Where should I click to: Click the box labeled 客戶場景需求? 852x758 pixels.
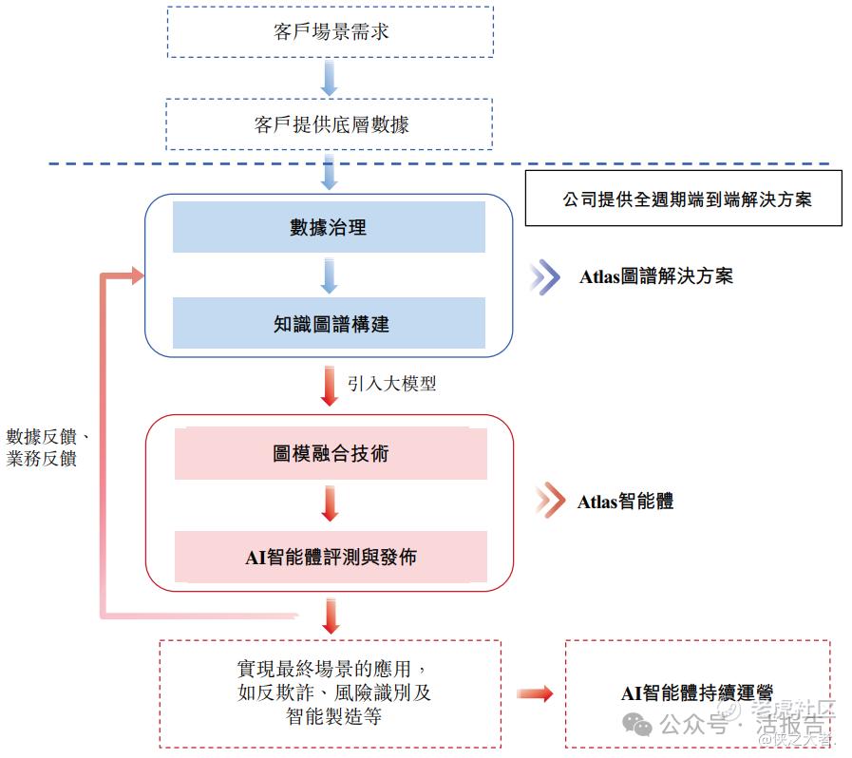click(x=330, y=32)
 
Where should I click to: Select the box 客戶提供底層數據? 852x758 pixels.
click(x=330, y=124)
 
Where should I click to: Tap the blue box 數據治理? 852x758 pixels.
click(x=329, y=227)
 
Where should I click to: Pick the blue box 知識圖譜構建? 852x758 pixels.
click(x=329, y=324)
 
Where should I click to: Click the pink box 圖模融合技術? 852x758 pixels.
click(x=330, y=454)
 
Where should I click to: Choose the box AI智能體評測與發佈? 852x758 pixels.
click(x=330, y=557)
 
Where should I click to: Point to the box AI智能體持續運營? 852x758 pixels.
click(x=697, y=694)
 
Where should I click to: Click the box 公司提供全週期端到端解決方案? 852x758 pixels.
click(x=684, y=199)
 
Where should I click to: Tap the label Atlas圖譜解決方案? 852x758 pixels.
click(x=656, y=276)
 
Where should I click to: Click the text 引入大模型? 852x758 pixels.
click(x=391, y=384)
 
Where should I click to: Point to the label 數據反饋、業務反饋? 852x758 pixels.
click(x=47, y=447)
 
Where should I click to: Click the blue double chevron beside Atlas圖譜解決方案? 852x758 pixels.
click(x=545, y=276)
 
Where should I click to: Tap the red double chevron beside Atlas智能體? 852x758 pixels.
click(x=548, y=502)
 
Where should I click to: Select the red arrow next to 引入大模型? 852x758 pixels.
click(x=330, y=385)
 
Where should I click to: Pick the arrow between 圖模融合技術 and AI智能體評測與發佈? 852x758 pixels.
click(x=330, y=504)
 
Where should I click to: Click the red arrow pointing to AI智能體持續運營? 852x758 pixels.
click(x=535, y=694)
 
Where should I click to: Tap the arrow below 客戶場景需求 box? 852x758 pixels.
click(x=330, y=77)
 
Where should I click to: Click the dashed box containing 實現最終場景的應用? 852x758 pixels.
click(x=330, y=694)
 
